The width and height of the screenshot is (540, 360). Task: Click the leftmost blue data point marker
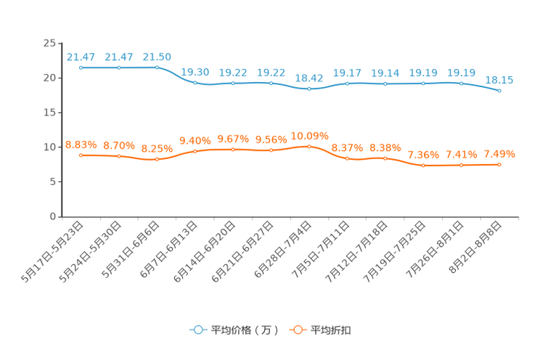tap(81, 67)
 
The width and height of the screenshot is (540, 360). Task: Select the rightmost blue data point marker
tap(499, 91)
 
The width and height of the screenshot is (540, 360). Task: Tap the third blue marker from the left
tap(157, 67)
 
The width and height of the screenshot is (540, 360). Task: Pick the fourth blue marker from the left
tap(195, 83)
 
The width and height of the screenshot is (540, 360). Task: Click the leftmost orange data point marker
tap(81, 155)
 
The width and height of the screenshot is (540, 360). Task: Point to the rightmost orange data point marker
tap(499, 165)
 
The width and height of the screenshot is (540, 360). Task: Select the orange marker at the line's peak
tap(310, 147)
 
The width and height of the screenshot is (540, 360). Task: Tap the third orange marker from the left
tap(157, 159)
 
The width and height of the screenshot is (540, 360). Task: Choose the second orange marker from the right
tap(461, 165)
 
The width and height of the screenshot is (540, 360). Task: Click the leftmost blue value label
tap(81, 57)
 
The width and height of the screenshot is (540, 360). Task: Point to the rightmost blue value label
tap(499, 80)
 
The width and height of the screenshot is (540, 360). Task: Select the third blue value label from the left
tap(157, 56)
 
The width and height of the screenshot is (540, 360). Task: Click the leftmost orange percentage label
tap(81, 144)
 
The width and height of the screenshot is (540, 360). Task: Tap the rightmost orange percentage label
tap(499, 154)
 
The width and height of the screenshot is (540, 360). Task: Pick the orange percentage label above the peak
tap(310, 136)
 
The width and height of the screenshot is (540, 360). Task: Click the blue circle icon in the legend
tap(197, 330)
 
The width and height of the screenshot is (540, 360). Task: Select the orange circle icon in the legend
tap(297, 330)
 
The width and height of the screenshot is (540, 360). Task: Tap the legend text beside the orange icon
tap(332, 330)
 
